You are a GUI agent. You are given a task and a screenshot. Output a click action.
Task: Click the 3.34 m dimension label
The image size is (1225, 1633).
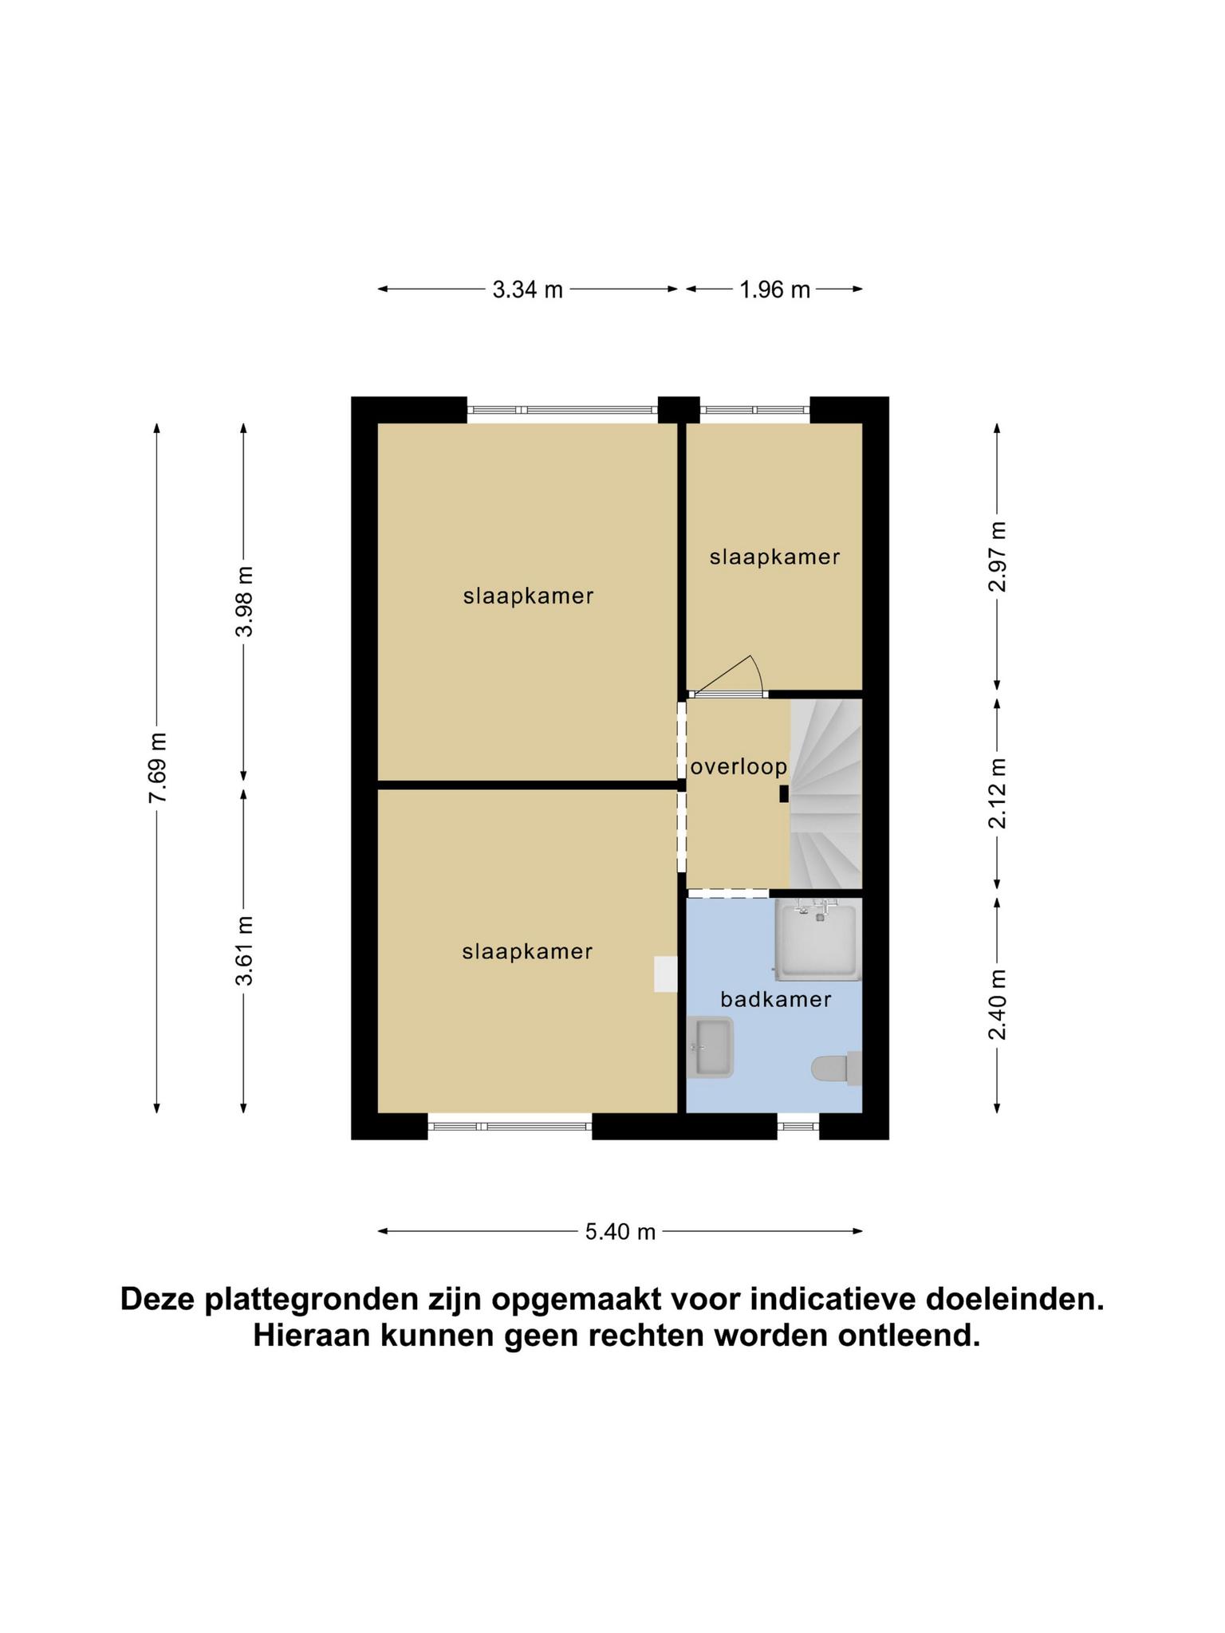(527, 289)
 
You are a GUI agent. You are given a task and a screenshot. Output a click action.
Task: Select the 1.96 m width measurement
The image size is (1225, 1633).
(774, 289)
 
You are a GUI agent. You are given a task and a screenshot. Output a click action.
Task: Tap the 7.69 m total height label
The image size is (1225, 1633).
(157, 767)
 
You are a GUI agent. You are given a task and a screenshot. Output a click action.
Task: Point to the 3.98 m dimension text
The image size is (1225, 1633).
(244, 601)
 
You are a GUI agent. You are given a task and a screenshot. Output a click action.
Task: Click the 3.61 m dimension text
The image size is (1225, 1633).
(244, 950)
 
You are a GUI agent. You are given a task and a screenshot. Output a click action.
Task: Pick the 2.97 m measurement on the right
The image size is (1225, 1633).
(997, 557)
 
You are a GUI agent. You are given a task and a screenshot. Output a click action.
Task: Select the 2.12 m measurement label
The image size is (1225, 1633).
(997, 793)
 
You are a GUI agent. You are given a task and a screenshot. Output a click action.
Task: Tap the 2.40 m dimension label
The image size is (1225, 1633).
(997, 1005)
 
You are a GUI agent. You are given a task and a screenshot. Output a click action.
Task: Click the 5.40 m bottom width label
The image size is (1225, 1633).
(620, 1232)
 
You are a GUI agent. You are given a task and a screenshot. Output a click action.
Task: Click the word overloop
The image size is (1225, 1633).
(739, 767)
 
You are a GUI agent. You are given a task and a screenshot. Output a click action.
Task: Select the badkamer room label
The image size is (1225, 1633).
(775, 999)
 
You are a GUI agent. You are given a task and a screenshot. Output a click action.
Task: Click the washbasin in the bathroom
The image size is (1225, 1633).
(710, 1047)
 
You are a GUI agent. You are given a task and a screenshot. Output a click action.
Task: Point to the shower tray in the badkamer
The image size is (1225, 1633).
(817, 939)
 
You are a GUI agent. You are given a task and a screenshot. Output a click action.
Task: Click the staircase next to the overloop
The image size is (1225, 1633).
(826, 793)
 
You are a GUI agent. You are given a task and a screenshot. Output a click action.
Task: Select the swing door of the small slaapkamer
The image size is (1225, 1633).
(726, 676)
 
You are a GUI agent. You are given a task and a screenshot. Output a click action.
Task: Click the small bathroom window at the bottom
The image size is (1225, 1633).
(798, 1126)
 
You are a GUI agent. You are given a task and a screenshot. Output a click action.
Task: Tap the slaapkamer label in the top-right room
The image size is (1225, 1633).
(774, 557)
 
